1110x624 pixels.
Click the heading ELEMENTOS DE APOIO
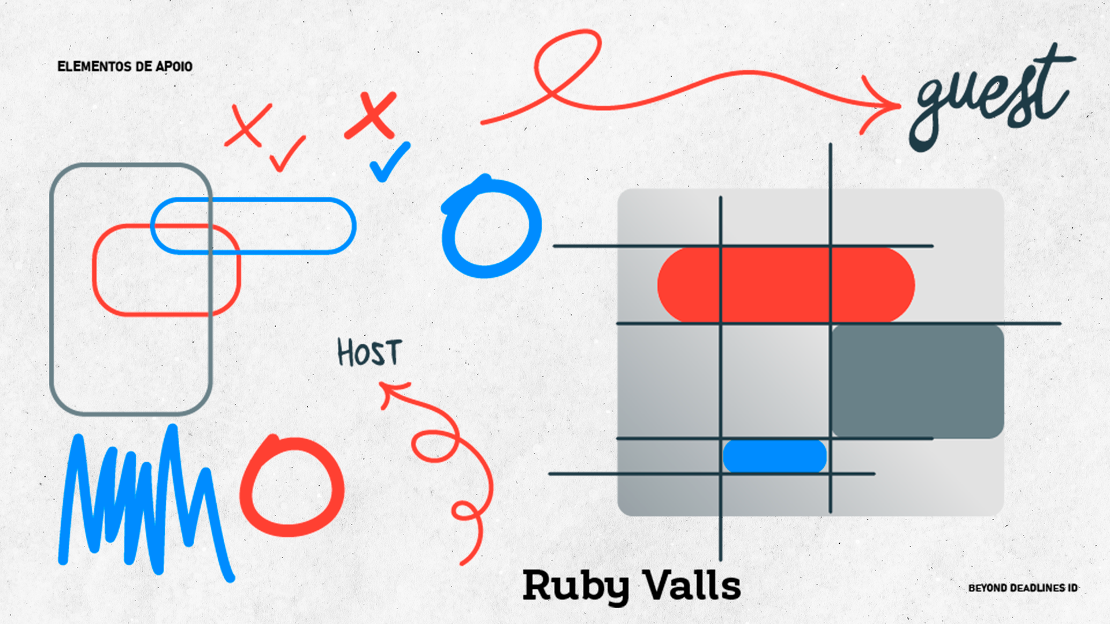click(x=125, y=66)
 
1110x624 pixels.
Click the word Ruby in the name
click(x=575, y=585)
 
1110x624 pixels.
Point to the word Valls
click(x=692, y=585)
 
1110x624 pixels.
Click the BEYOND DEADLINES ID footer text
click(x=1023, y=588)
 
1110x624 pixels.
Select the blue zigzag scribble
click(x=145, y=503)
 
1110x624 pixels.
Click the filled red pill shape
click(x=786, y=284)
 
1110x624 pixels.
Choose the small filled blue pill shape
click(x=775, y=456)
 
